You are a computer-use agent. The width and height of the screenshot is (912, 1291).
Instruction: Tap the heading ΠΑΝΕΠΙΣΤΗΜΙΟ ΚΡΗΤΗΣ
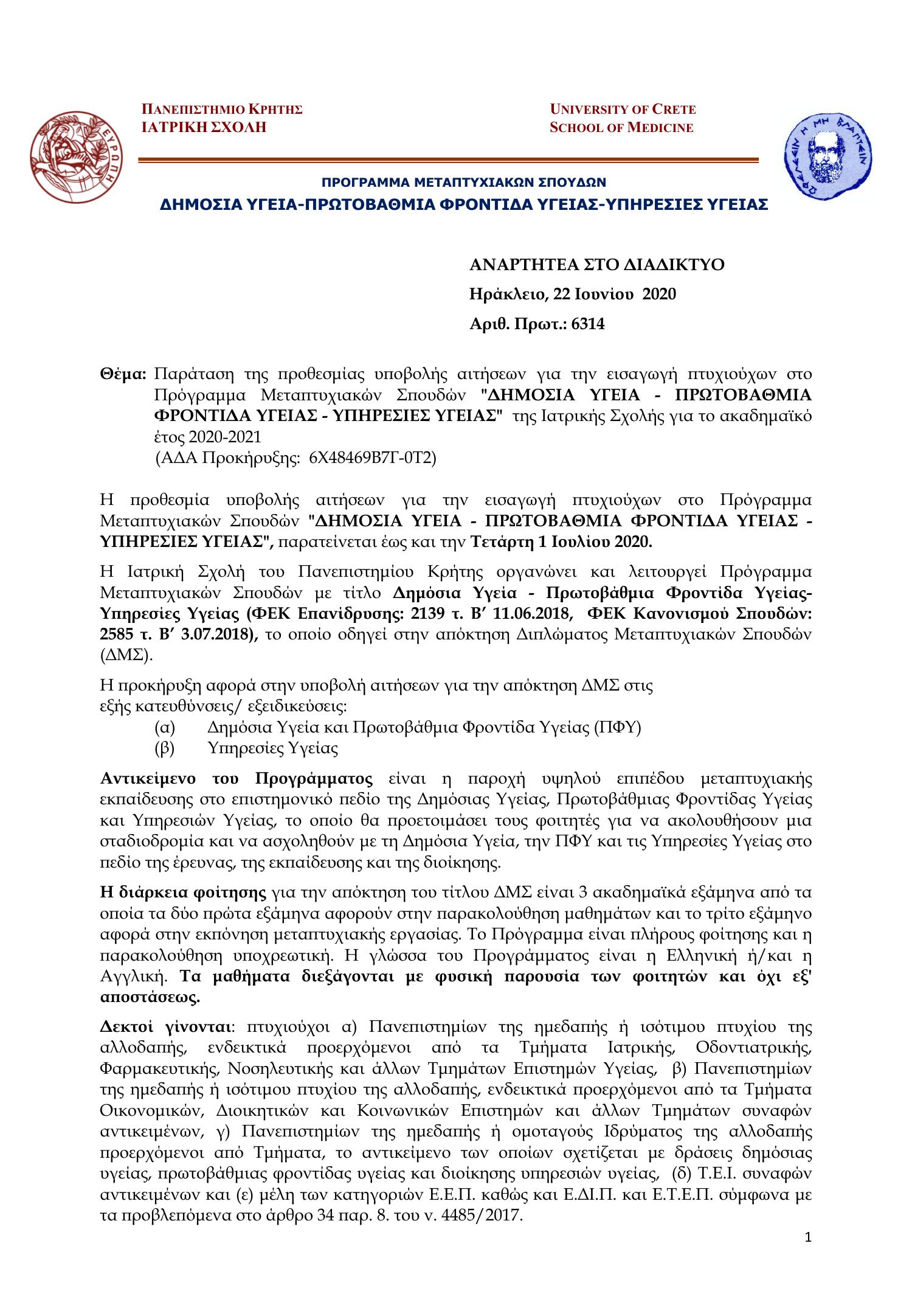tap(222, 110)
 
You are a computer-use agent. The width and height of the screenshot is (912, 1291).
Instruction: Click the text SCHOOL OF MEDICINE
tap(621, 128)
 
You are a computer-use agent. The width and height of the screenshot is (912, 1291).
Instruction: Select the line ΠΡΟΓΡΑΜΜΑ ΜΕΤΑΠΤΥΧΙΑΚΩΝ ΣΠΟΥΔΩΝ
tap(463, 182)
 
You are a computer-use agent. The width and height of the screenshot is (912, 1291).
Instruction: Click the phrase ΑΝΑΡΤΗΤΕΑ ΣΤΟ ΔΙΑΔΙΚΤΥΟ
tap(596, 265)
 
